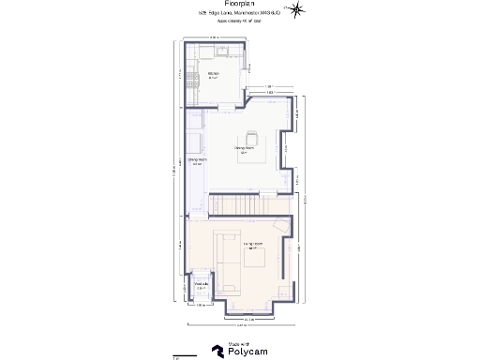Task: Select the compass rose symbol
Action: [x=297, y=9]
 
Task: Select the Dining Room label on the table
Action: [x=245, y=148]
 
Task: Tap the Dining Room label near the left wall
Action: [x=197, y=161]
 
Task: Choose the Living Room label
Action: [x=252, y=246]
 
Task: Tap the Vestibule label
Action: [x=200, y=286]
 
